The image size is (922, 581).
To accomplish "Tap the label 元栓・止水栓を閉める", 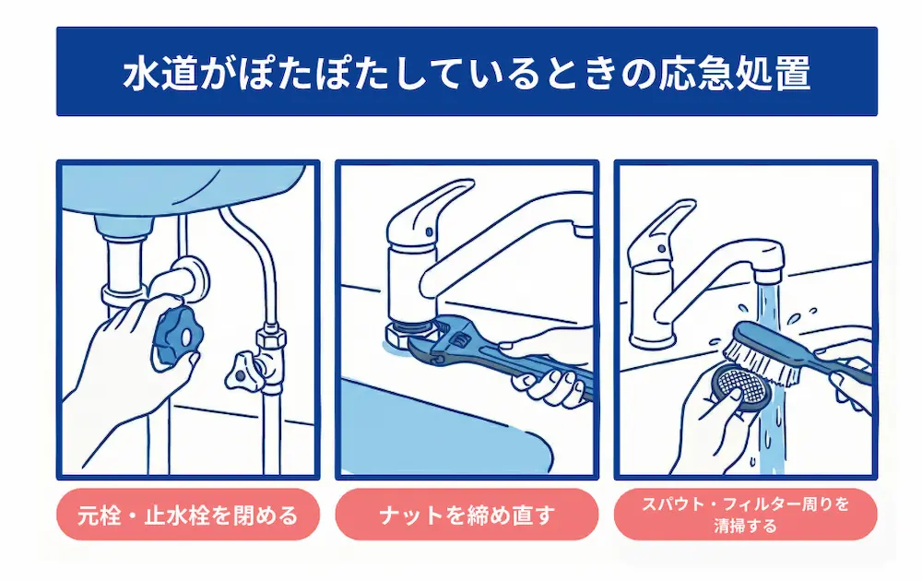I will pos(187,515).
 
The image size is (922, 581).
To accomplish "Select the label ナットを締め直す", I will pos(467,515).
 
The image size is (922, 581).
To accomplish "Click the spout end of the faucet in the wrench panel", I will pos(583,226).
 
